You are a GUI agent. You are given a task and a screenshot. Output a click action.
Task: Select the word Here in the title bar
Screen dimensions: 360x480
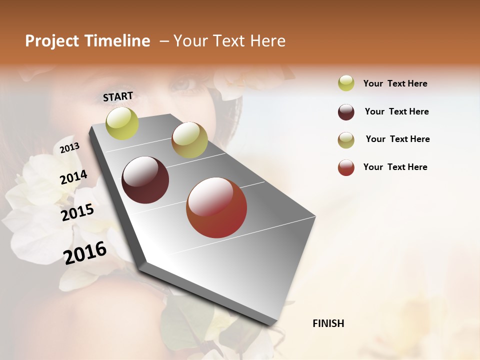click(x=267, y=41)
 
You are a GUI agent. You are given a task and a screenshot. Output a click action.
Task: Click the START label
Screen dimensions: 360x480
click(x=118, y=96)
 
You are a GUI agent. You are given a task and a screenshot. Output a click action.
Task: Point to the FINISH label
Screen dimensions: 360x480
click(x=328, y=323)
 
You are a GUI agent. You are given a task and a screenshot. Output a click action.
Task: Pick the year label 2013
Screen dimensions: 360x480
click(x=69, y=148)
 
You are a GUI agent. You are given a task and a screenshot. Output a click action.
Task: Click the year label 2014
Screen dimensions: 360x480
click(x=73, y=177)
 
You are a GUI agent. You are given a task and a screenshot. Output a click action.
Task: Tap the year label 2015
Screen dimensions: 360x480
click(x=77, y=212)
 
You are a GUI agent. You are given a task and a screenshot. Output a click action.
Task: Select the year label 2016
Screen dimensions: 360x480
click(x=85, y=253)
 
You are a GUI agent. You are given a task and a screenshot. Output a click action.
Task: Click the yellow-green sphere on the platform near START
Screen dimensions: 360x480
click(x=122, y=123)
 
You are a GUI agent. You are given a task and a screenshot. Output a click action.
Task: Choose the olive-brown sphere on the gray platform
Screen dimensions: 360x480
click(x=189, y=140)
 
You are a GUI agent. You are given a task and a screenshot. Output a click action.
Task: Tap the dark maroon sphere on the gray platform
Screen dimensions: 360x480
click(x=145, y=180)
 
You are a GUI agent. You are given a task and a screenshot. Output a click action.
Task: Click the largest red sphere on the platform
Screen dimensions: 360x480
click(x=216, y=207)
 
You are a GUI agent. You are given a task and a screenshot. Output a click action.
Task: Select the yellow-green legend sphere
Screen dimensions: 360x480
click(x=346, y=83)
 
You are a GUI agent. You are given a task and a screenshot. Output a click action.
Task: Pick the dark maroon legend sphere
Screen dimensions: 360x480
click(x=346, y=112)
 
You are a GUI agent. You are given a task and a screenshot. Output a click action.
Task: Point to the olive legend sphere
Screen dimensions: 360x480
click(x=346, y=140)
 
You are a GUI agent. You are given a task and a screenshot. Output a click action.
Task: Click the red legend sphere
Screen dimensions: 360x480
click(x=346, y=167)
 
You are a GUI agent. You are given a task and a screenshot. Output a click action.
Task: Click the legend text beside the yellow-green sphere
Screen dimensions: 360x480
click(x=395, y=83)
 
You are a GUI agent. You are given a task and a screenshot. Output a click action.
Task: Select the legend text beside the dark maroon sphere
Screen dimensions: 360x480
click(x=396, y=111)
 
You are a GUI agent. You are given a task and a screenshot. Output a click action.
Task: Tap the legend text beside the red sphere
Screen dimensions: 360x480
click(x=395, y=167)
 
